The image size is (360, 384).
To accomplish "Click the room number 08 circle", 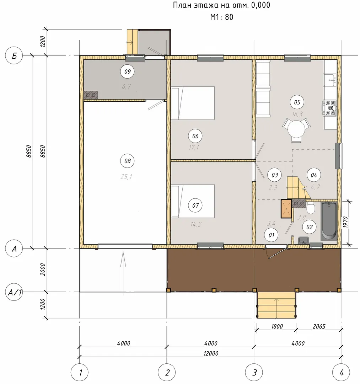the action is coord(127,161).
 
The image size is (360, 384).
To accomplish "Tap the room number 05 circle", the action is coord(297,102).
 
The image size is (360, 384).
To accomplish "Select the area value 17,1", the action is coord(194,148).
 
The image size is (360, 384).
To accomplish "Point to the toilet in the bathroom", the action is coord(311,208).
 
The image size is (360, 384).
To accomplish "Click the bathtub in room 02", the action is coord(329,220).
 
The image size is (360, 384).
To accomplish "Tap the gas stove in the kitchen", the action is coord(330,108).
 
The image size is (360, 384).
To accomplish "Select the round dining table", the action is coord(296,129).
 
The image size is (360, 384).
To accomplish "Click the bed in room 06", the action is coord(193,103).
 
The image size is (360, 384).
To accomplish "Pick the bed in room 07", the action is coord(193,201).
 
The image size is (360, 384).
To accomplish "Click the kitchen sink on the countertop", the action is coord(330,80).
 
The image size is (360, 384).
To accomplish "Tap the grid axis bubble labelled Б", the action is coord(14,55).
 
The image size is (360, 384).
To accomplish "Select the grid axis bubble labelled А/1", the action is coord(14,292).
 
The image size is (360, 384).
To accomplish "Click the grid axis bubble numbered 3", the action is coord(254,373).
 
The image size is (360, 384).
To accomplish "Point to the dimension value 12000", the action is coord(211,353).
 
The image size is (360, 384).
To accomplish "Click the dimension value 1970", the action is coord(345,222).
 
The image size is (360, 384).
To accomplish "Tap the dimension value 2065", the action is coord(319,326).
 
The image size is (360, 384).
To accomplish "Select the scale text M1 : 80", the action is coord(222,17).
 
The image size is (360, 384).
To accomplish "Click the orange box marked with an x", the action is coord(286,209).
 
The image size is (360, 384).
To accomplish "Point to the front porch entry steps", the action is coord(276,305).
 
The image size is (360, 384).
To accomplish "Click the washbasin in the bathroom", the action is coord(304,240).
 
